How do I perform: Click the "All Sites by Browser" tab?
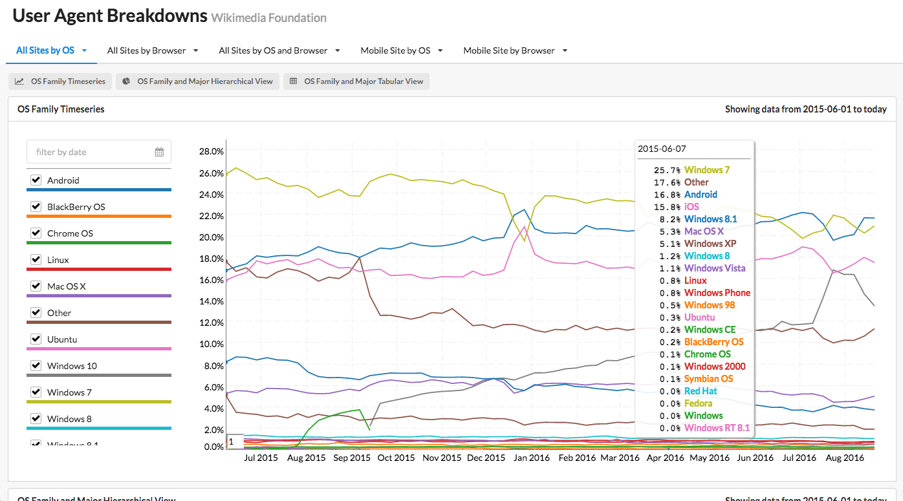coord(147,50)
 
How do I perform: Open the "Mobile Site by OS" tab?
coord(395,50)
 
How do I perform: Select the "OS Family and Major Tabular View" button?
coord(356,81)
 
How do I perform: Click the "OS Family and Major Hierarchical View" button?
coord(198,81)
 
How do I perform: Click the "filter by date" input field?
coord(91,152)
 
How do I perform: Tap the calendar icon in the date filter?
coord(159,152)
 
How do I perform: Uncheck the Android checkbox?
coord(36,180)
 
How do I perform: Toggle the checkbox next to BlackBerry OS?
coord(36,207)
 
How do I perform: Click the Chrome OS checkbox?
coord(36,233)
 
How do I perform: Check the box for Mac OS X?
coord(36,286)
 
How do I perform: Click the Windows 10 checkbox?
coord(36,366)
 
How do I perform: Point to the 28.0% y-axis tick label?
coord(211,151)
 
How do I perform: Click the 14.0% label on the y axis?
coord(211,301)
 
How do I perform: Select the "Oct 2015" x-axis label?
coord(396,458)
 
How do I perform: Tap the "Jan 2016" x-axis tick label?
coord(531,458)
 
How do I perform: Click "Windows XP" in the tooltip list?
coord(710,244)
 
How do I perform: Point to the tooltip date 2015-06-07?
coord(662,149)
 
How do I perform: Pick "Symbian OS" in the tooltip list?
coord(708,379)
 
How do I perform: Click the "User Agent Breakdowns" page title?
coord(110,16)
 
